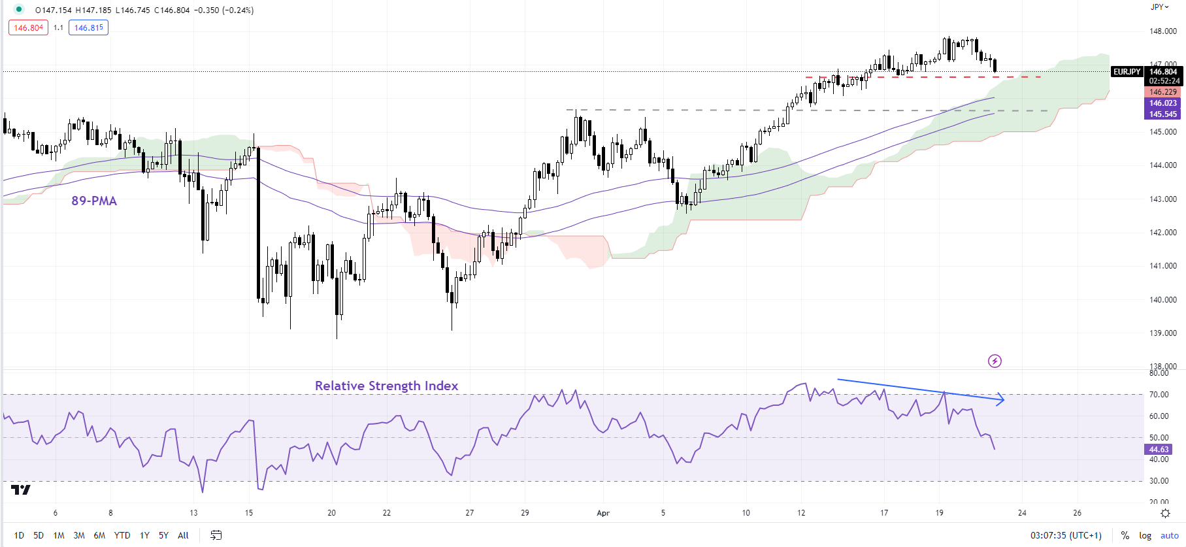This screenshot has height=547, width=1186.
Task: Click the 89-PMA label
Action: click(x=94, y=201)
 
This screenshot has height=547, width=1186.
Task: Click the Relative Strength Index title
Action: click(x=386, y=386)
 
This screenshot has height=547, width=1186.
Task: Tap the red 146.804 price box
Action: click(x=28, y=28)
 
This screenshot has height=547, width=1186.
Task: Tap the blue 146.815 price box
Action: click(x=88, y=28)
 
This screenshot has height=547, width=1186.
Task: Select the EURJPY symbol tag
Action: click(x=1127, y=72)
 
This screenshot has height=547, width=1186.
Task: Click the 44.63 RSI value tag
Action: click(x=1159, y=450)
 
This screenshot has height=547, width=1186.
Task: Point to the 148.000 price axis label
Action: click(x=1162, y=31)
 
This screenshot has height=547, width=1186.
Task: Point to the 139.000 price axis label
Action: click(x=1162, y=333)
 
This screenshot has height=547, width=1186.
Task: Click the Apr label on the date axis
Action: click(x=603, y=513)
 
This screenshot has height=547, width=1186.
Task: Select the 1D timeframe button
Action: click(x=19, y=535)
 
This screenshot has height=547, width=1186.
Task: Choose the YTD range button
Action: click(x=122, y=535)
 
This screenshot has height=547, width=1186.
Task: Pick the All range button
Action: click(x=183, y=535)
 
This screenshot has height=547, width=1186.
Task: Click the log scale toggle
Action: click(x=1145, y=535)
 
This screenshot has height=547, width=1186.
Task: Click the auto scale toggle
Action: click(x=1170, y=535)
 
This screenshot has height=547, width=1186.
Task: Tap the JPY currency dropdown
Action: click(x=1159, y=7)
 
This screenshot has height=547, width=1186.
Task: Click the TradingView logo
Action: click(x=21, y=489)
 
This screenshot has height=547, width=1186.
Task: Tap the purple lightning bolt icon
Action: click(x=995, y=361)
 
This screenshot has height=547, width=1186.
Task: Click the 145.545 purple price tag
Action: click(x=1163, y=114)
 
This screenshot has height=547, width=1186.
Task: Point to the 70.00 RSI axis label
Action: click(x=1159, y=395)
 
